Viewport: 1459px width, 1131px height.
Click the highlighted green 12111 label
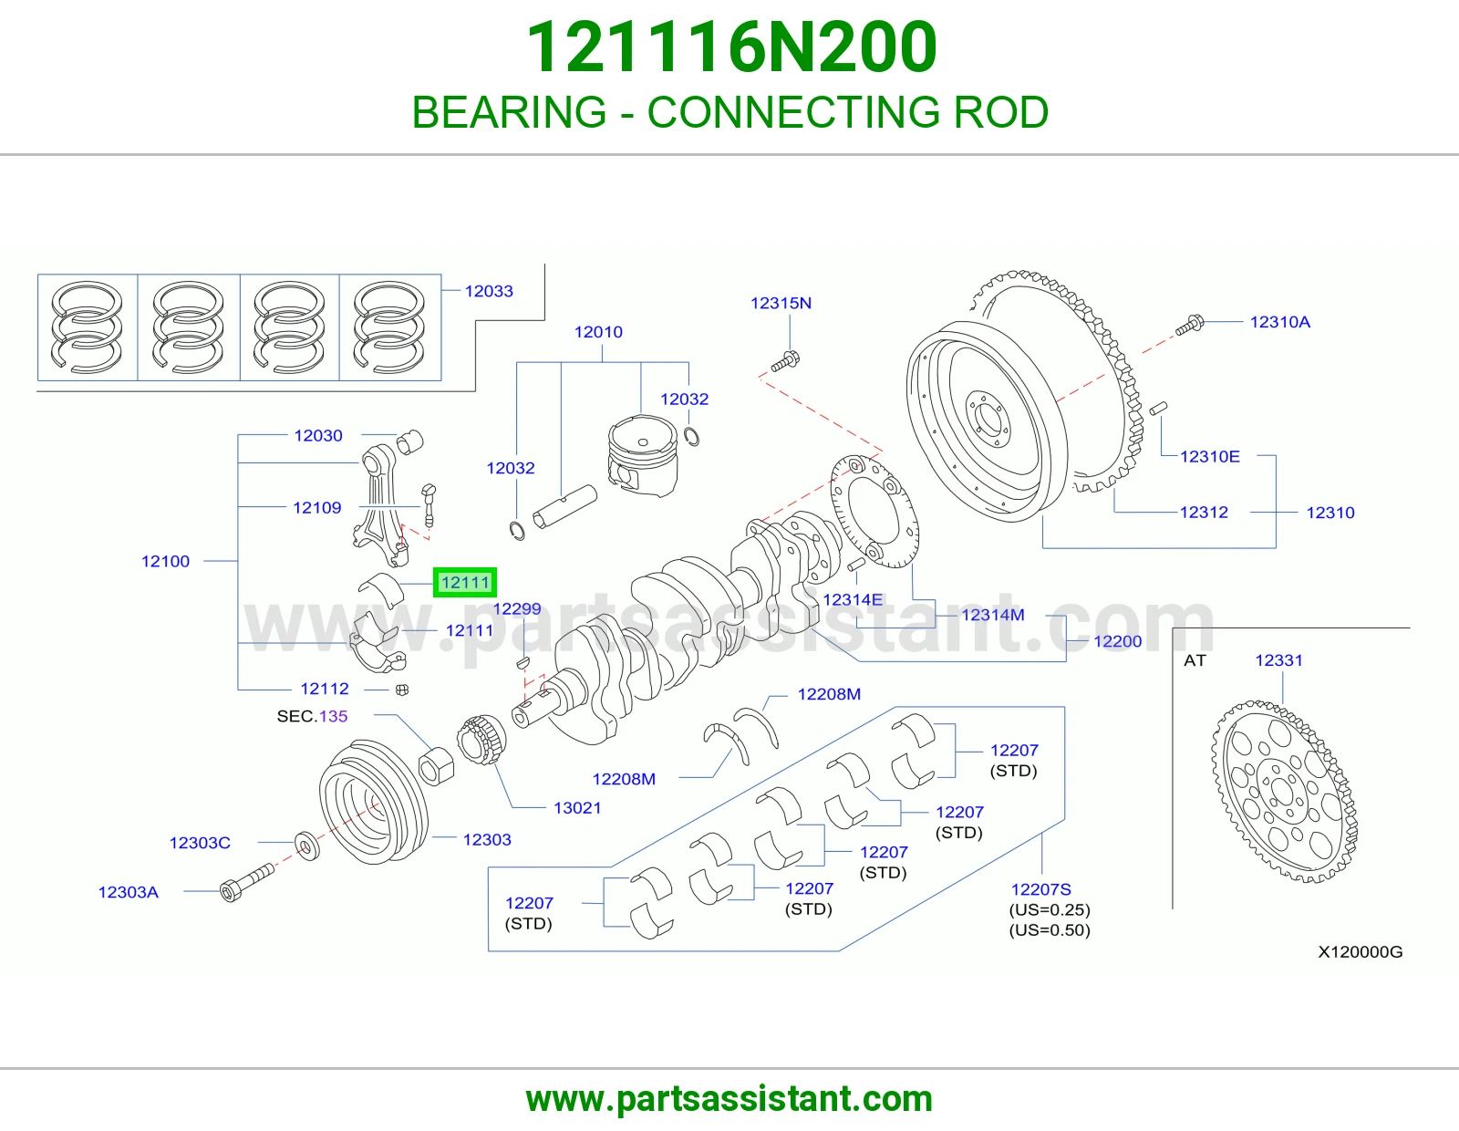coord(465,582)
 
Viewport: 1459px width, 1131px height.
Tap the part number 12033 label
coord(489,291)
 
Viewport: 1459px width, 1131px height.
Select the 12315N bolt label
coord(781,303)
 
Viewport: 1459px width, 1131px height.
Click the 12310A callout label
coord(1279,322)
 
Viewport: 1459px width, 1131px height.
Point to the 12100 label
coord(165,561)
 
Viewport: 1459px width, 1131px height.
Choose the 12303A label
coord(129,892)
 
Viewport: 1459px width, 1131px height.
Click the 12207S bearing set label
coord(1040,889)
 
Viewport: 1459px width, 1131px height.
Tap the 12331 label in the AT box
coord(1278,660)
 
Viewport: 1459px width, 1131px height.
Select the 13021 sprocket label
coord(576,807)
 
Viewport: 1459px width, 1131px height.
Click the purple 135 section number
coord(334,716)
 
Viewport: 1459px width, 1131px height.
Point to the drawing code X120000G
coord(1361,951)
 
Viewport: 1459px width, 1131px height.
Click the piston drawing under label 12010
coord(643,455)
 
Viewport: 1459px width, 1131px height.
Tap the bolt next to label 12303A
coord(247,883)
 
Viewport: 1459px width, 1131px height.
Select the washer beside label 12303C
coord(307,846)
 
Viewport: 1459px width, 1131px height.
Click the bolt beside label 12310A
coord(1190,325)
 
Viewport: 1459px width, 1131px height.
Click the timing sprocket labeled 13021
coord(481,740)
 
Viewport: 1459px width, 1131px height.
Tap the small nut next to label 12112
coord(402,690)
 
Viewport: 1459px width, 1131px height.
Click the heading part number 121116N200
coord(732,47)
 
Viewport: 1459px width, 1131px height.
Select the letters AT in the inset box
coord(1195,660)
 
